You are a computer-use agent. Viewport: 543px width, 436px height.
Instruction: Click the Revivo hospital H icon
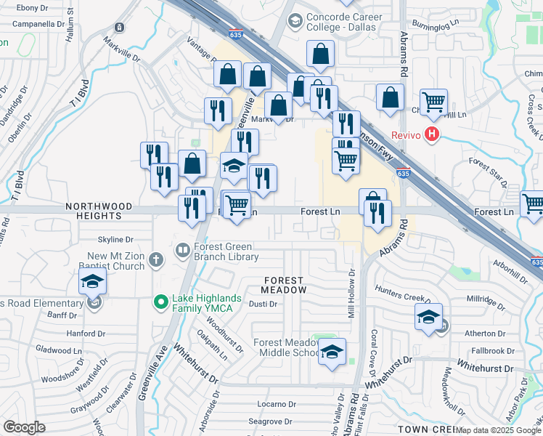coord(433,134)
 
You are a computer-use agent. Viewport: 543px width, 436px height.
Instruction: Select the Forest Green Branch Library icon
coord(182,251)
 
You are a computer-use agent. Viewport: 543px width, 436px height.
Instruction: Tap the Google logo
coord(24,427)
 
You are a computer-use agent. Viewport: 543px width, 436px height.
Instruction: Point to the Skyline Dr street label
coord(116,239)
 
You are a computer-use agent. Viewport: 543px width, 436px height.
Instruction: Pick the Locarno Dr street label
coord(276,404)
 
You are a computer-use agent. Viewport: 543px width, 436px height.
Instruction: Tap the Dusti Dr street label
coord(264,304)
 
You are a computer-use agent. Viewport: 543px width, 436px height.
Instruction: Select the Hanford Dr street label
coord(81,334)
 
